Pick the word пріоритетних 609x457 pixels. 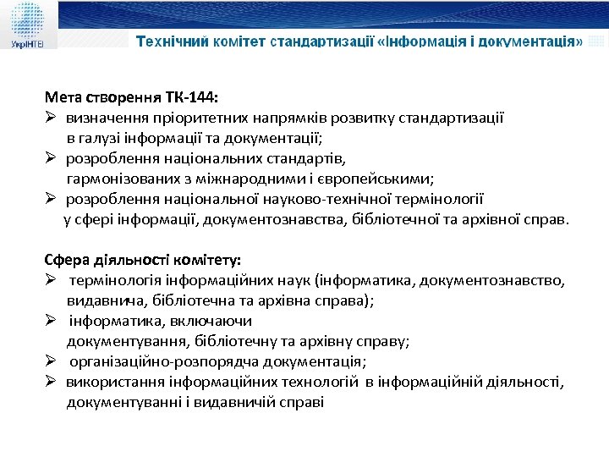point(182,118)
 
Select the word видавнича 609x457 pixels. point(99,301)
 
